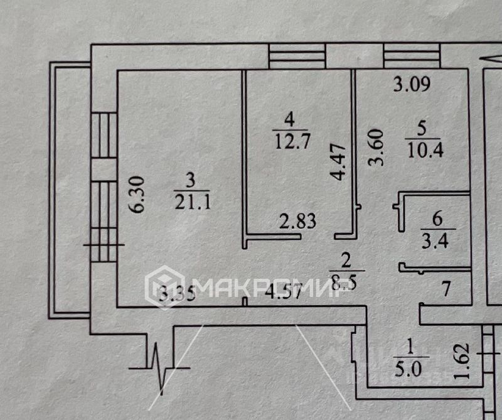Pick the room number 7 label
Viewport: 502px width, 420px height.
pos(446,290)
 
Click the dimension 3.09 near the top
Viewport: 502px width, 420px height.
pos(412,84)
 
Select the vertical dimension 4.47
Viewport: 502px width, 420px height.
pos(338,162)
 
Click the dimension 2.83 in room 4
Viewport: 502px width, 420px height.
pos(297,221)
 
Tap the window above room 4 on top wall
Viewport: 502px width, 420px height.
pos(297,56)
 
